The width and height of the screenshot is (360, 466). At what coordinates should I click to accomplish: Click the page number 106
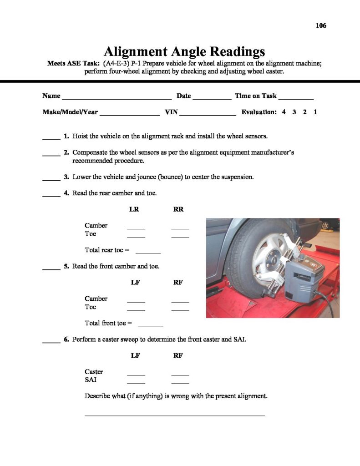coord(321,25)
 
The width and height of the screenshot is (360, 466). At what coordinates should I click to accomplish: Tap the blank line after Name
coord(117,97)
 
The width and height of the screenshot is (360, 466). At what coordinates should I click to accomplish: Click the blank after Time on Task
coord(296,97)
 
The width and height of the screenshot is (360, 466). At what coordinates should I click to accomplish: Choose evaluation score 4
coord(284,112)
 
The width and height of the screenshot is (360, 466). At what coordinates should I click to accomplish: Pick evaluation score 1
coord(315,112)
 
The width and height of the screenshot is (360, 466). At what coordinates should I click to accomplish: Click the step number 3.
coord(66,177)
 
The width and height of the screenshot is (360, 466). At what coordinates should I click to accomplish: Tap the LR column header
coord(134,209)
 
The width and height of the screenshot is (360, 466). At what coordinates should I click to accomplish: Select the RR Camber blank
coord(180,228)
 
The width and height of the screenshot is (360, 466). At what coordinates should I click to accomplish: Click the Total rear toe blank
coord(148,252)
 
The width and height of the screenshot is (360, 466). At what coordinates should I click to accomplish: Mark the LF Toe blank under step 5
coord(136,309)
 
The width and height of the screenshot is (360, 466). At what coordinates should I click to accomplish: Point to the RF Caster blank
coord(180,374)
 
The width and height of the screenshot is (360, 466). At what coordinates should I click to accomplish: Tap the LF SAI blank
coord(136,382)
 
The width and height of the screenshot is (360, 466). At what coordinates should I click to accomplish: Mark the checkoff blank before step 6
coord(51,341)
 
